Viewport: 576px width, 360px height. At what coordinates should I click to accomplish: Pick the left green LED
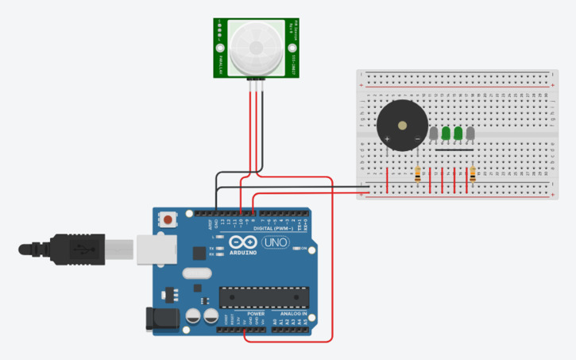pos(446,134)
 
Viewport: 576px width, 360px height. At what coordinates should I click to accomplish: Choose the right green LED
pos(458,134)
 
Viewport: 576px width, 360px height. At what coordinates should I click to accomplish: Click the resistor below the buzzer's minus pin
pos(418,174)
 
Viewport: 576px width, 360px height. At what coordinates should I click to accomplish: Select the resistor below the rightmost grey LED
pos(474,174)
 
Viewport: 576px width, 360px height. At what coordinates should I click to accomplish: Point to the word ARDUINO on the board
pos(244,254)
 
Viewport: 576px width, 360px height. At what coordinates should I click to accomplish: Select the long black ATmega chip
pos(263,296)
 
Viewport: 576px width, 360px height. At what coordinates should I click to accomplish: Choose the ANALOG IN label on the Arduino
pos(292,314)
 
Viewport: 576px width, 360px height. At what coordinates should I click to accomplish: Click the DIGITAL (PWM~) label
pos(273,228)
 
